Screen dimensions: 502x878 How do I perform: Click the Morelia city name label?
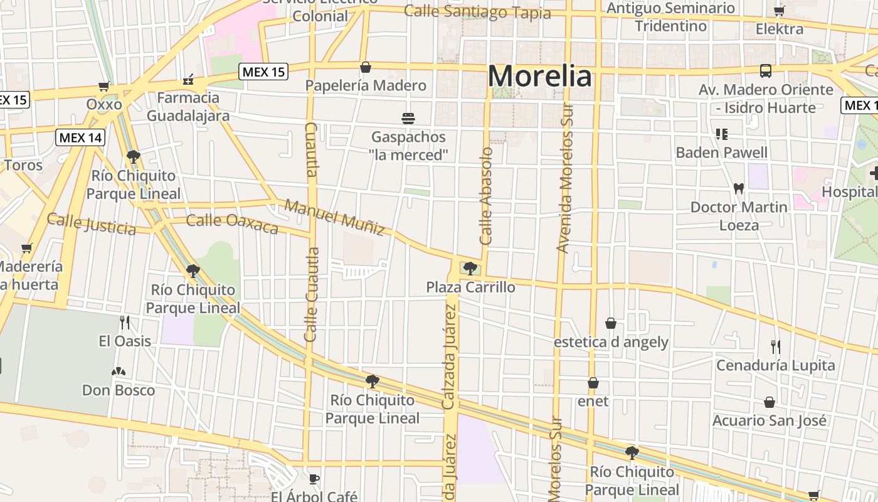(539, 77)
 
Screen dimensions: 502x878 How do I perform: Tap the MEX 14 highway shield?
(80, 137)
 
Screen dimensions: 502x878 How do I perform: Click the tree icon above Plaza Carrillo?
(470, 269)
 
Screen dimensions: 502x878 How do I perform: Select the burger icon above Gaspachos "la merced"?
(408, 118)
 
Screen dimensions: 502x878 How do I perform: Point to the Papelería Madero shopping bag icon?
(366, 67)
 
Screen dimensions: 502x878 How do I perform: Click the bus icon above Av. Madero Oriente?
(766, 71)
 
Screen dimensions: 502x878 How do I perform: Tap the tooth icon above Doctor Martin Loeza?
(738, 188)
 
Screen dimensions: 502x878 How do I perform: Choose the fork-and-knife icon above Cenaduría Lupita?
(776, 346)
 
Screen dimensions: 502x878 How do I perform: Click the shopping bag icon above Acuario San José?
(770, 402)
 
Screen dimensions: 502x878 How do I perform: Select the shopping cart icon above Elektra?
(779, 11)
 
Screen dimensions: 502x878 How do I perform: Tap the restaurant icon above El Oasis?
(125, 323)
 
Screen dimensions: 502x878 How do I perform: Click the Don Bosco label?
(119, 390)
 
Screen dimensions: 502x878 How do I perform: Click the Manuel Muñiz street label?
(334, 217)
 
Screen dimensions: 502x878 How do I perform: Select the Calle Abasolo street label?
(487, 196)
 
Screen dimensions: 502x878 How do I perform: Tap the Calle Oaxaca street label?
(232, 223)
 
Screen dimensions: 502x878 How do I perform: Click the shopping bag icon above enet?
(593, 383)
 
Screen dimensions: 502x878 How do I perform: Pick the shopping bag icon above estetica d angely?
(611, 323)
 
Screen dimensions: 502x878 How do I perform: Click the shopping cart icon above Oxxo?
(103, 87)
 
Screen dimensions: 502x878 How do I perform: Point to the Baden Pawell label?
(721, 152)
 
